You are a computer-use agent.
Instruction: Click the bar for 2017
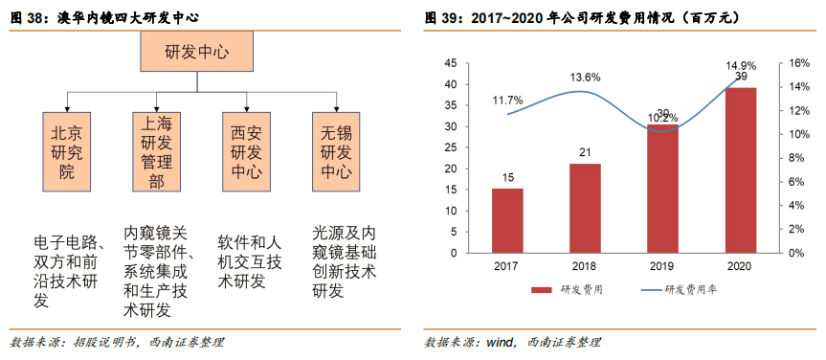[507, 220]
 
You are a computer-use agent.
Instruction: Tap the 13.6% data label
[585, 77]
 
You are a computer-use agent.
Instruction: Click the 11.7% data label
[507, 100]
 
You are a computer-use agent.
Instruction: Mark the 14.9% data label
[741, 65]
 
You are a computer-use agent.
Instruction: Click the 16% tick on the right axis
[798, 63]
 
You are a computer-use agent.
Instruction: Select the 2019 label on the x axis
[662, 267]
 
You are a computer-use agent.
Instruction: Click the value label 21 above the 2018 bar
[585, 153]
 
